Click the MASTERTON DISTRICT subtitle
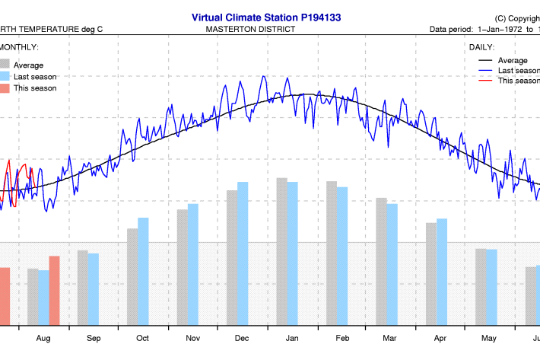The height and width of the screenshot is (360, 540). coord(250,30)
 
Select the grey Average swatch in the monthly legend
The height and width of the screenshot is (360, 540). coord(5,65)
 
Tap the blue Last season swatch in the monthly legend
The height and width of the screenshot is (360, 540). coord(5,76)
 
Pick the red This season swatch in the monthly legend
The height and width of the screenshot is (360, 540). coord(5,88)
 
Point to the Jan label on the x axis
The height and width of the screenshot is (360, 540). coord(292,338)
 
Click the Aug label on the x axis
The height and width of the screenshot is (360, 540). coord(43,338)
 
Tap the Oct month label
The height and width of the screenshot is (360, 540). coord(142,338)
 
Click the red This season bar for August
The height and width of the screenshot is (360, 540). coord(54,291)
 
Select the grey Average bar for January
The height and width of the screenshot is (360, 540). coord(281,252)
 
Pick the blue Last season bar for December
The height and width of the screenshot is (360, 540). coord(243,254)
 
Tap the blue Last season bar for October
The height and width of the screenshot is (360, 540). coord(143,272)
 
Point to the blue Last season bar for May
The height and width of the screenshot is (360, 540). coord(491,287)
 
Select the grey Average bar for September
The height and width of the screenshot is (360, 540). coord(82,288)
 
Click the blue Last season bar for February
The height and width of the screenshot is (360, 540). coord(342,256)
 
